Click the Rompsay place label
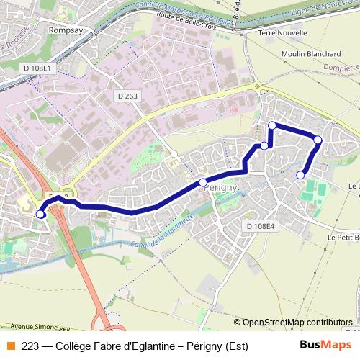pyautogui.click(x=65, y=30)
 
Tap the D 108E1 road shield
pyautogui.click(x=37, y=68)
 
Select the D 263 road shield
pyautogui.click(x=127, y=96)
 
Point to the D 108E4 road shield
pyautogui.click(x=261, y=226)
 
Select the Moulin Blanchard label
pyautogui.click(x=311, y=54)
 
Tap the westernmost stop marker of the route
pyautogui.click(x=40, y=214)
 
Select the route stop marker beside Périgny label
pyautogui.click(x=203, y=182)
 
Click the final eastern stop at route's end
pyautogui.click(x=301, y=175)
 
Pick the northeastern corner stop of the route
pyautogui.click(x=318, y=139)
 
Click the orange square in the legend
pyautogui.click(x=11, y=346)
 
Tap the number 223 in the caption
pyautogui.click(x=30, y=346)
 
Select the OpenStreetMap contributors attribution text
pyautogui.click(x=297, y=323)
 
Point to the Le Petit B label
pyautogui.click(x=343, y=237)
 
